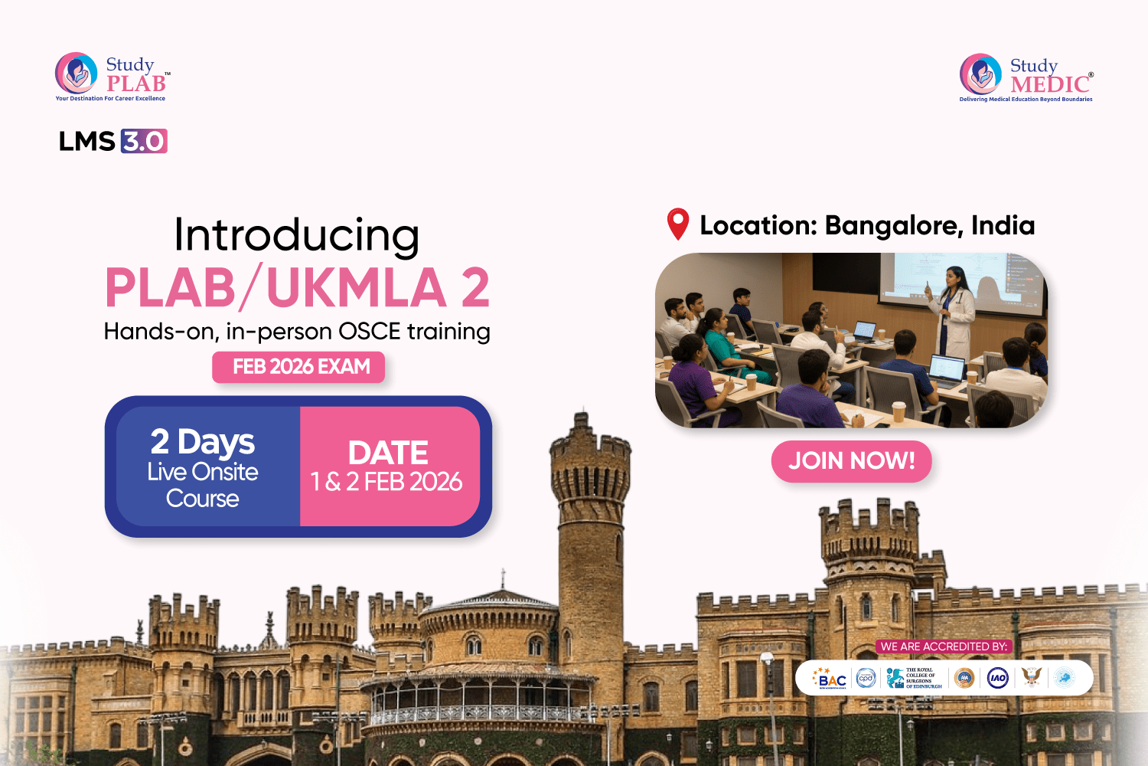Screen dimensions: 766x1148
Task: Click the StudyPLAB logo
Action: click(112, 76)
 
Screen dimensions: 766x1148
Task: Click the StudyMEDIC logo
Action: click(1026, 77)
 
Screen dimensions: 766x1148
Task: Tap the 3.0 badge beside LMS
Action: click(144, 141)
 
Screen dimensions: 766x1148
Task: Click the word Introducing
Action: click(296, 234)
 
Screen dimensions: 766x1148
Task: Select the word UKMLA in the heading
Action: click(357, 288)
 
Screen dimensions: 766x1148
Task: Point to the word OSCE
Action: click(369, 332)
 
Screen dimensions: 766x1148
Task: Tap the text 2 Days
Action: click(202, 442)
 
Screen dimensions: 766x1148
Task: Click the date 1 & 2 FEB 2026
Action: click(386, 482)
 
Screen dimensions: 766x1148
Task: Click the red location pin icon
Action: click(678, 224)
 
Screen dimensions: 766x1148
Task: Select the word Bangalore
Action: click(892, 225)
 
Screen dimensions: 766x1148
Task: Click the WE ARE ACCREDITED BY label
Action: click(943, 647)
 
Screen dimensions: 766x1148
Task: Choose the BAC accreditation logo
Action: click(831, 678)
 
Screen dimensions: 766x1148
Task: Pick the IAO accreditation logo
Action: click(997, 678)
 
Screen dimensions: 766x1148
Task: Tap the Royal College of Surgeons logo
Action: click(914, 678)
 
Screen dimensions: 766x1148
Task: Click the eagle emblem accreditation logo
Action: click(1032, 677)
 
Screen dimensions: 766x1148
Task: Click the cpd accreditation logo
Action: click(866, 678)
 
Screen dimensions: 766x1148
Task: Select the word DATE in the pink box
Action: click(388, 453)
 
